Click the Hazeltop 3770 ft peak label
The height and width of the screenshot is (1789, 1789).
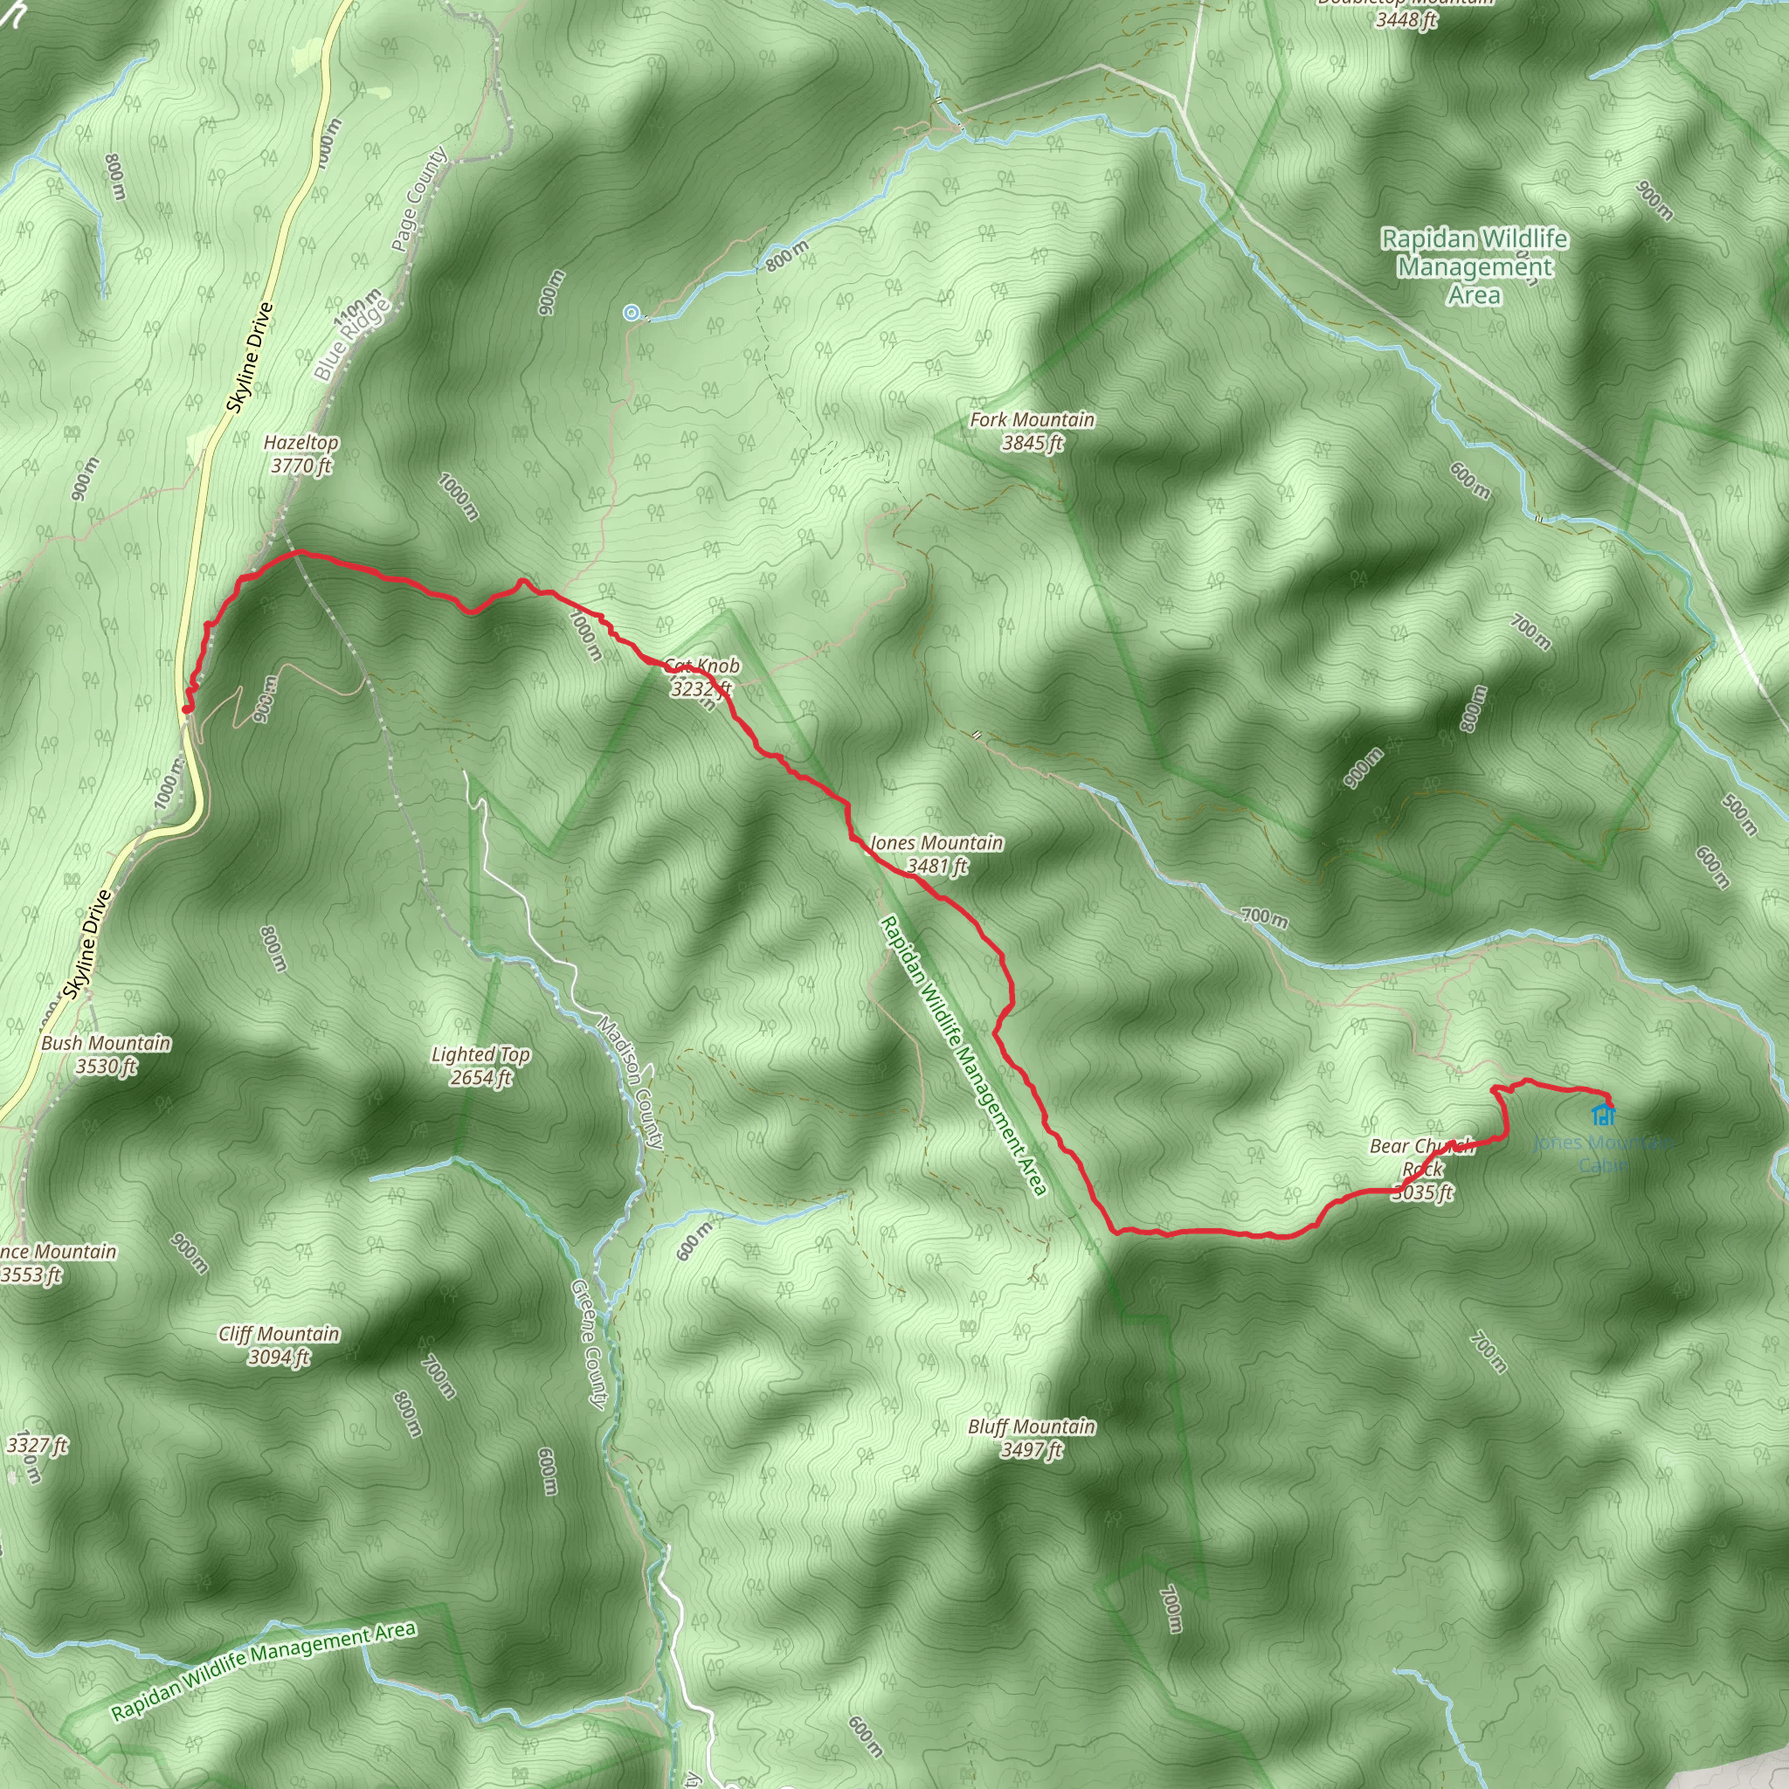[301, 453]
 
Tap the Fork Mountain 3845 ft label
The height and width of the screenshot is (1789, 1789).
[1032, 431]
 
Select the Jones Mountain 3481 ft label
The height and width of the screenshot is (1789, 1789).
[936, 853]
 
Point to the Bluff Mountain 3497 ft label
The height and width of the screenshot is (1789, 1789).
[1032, 1437]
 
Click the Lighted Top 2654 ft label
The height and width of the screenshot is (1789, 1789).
[480, 1065]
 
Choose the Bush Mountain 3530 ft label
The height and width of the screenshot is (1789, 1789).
[106, 1053]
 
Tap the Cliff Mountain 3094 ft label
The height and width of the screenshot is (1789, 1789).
[279, 1344]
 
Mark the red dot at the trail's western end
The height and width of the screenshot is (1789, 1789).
[187, 709]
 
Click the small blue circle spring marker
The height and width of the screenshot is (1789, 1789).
[632, 313]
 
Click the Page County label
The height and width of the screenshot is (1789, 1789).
[418, 199]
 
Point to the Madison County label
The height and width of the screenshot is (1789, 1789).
[631, 1083]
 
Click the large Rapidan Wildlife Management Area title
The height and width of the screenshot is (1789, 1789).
[1475, 266]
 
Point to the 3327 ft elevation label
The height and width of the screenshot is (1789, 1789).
[37, 1445]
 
